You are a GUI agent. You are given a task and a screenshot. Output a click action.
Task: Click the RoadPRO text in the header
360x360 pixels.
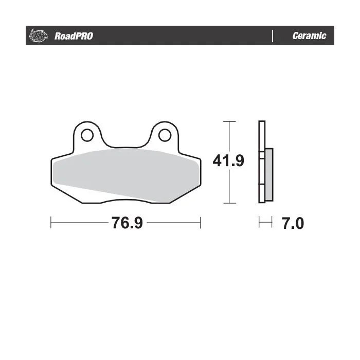point(74,36)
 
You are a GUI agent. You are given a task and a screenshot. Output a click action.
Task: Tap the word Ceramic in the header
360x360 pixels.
point(309,35)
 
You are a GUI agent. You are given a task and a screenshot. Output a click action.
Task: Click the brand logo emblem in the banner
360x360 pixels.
point(38,36)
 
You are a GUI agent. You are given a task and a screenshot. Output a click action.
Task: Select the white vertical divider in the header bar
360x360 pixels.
point(273,36)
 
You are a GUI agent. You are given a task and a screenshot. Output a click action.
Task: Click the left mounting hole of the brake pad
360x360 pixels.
point(87,135)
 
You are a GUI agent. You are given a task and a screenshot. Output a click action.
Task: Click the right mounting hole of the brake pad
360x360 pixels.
point(165,135)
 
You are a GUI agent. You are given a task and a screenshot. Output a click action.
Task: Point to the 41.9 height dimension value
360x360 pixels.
point(228,160)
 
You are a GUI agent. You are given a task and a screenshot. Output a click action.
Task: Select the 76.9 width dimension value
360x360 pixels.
point(127,223)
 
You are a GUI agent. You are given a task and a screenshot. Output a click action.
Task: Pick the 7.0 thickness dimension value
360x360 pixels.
point(293,223)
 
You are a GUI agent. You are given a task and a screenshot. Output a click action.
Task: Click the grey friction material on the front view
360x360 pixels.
point(126,173)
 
